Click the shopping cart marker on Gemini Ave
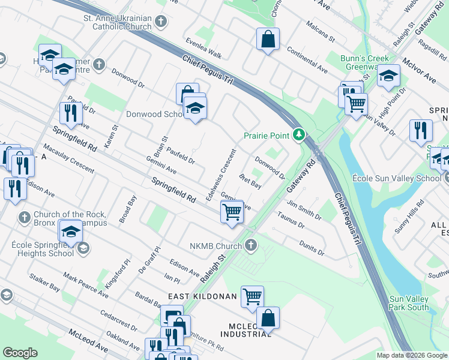[232, 211]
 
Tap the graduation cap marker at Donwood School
[194, 108]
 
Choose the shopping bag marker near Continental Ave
[268, 40]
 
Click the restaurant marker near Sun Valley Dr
[420, 130]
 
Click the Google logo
[20, 353]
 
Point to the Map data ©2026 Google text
[412, 355]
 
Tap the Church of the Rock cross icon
[24, 217]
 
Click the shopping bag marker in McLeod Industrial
[268, 318]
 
